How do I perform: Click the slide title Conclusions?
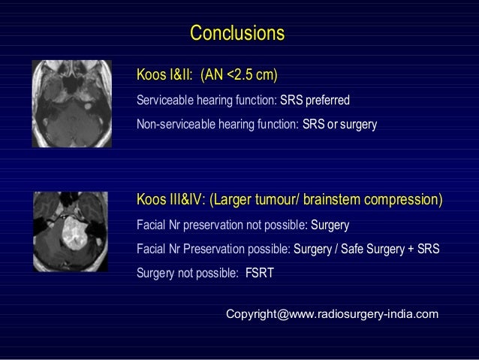(x=237, y=33)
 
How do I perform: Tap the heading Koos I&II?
(x=164, y=74)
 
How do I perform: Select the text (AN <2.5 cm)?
(x=239, y=75)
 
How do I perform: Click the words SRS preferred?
(x=315, y=100)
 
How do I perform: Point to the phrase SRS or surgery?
(x=339, y=124)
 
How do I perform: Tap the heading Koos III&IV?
(x=170, y=199)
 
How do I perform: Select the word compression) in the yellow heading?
(x=403, y=200)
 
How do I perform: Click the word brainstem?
(x=332, y=199)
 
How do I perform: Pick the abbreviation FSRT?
(x=260, y=273)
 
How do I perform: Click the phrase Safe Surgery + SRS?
(x=390, y=249)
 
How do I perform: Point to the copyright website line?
(x=333, y=314)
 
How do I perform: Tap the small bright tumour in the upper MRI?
(x=88, y=107)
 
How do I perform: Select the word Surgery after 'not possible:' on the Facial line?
(x=330, y=225)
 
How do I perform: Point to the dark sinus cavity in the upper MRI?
(x=71, y=81)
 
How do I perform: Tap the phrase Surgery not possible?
(x=188, y=273)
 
